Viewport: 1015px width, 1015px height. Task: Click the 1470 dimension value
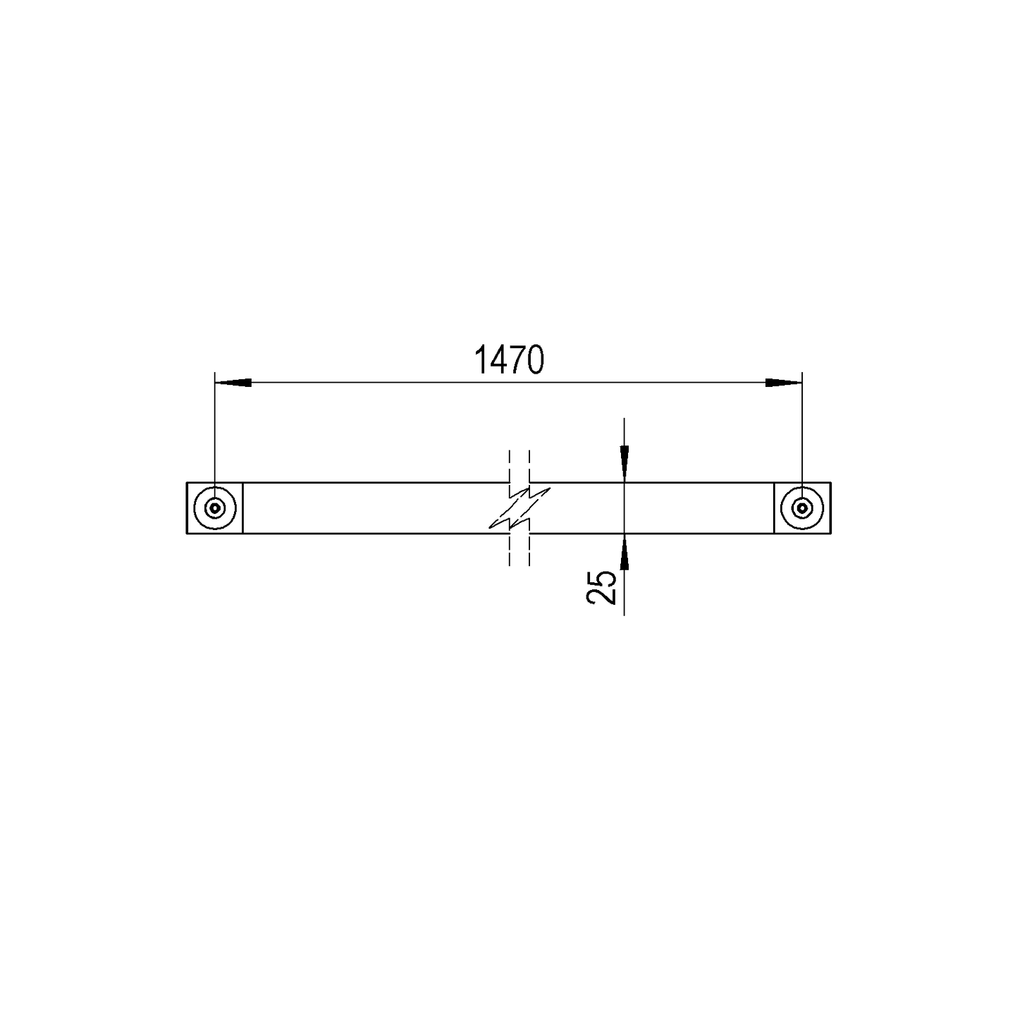click(509, 360)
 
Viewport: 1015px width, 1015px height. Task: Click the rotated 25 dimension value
click(601, 587)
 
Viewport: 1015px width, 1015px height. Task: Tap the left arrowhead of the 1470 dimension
click(233, 383)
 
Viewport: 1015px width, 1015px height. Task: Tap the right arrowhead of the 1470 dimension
click(784, 383)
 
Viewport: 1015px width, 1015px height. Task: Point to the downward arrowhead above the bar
click(625, 464)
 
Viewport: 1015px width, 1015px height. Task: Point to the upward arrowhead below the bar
click(625, 551)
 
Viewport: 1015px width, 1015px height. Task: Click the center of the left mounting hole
click(215, 508)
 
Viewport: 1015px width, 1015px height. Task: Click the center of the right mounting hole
click(801, 508)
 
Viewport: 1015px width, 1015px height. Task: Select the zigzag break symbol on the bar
click(519, 508)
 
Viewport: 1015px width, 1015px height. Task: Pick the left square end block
click(215, 508)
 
